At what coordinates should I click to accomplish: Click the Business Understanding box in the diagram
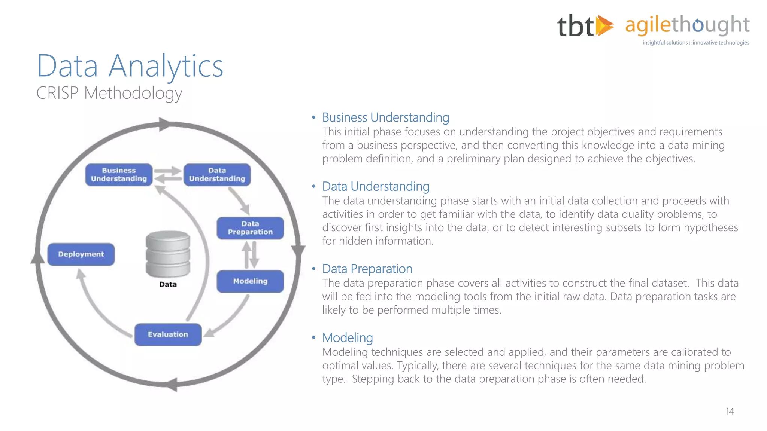pyautogui.click(x=119, y=175)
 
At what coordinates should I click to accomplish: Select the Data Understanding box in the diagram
pyautogui.click(x=217, y=175)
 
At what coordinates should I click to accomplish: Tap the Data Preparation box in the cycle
pyautogui.click(x=250, y=228)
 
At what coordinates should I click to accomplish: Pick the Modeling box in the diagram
pyautogui.click(x=250, y=281)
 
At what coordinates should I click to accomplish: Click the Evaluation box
pyautogui.click(x=168, y=334)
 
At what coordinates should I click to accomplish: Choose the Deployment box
pyautogui.click(x=81, y=254)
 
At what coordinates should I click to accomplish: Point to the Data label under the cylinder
pyautogui.click(x=168, y=285)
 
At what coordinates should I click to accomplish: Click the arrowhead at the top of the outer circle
pyautogui.click(x=165, y=124)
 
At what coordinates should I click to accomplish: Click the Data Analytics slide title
pyautogui.click(x=130, y=66)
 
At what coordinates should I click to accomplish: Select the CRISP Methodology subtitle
pyautogui.click(x=109, y=93)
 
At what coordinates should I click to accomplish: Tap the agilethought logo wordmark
pyautogui.click(x=687, y=25)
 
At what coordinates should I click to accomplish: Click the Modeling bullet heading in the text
pyautogui.click(x=347, y=338)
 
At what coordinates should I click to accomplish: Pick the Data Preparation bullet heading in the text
pyautogui.click(x=367, y=269)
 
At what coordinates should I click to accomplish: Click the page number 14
pyautogui.click(x=729, y=412)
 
